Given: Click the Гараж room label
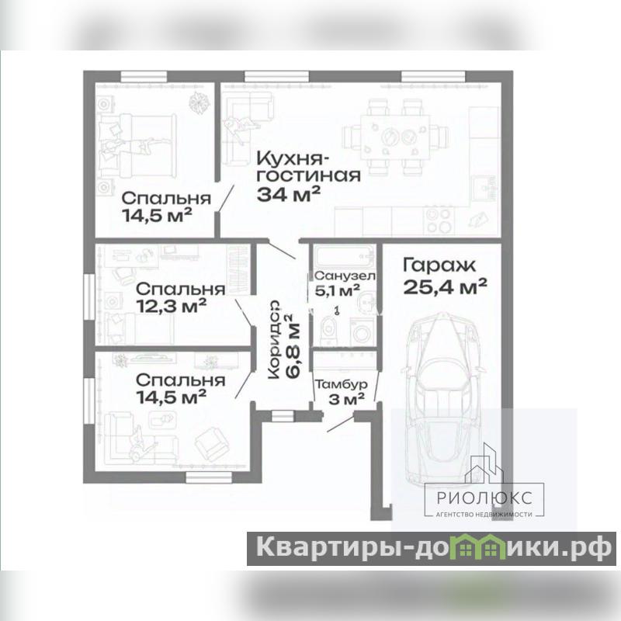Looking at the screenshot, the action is click(439, 265).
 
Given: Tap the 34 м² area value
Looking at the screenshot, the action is click(288, 194).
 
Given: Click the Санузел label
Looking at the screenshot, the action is click(345, 276).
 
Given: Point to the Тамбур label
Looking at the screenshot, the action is click(341, 384).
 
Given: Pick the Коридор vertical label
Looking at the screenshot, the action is click(274, 340).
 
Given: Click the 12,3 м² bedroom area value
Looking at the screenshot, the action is click(171, 306).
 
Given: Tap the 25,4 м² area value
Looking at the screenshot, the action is click(445, 286).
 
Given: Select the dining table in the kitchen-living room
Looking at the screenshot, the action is click(395, 137).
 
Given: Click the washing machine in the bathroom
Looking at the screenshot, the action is click(362, 331).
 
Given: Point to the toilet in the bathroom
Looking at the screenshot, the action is click(328, 328).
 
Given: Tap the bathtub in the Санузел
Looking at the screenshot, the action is click(344, 258).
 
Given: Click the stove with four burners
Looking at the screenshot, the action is click(439, 220).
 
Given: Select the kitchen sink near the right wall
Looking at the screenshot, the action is click(486, 188).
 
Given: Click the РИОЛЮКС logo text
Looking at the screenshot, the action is click(484, 498).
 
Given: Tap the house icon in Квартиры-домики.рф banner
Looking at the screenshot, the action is click(480, 546).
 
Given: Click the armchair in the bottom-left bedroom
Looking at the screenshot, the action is click(212, 443).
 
